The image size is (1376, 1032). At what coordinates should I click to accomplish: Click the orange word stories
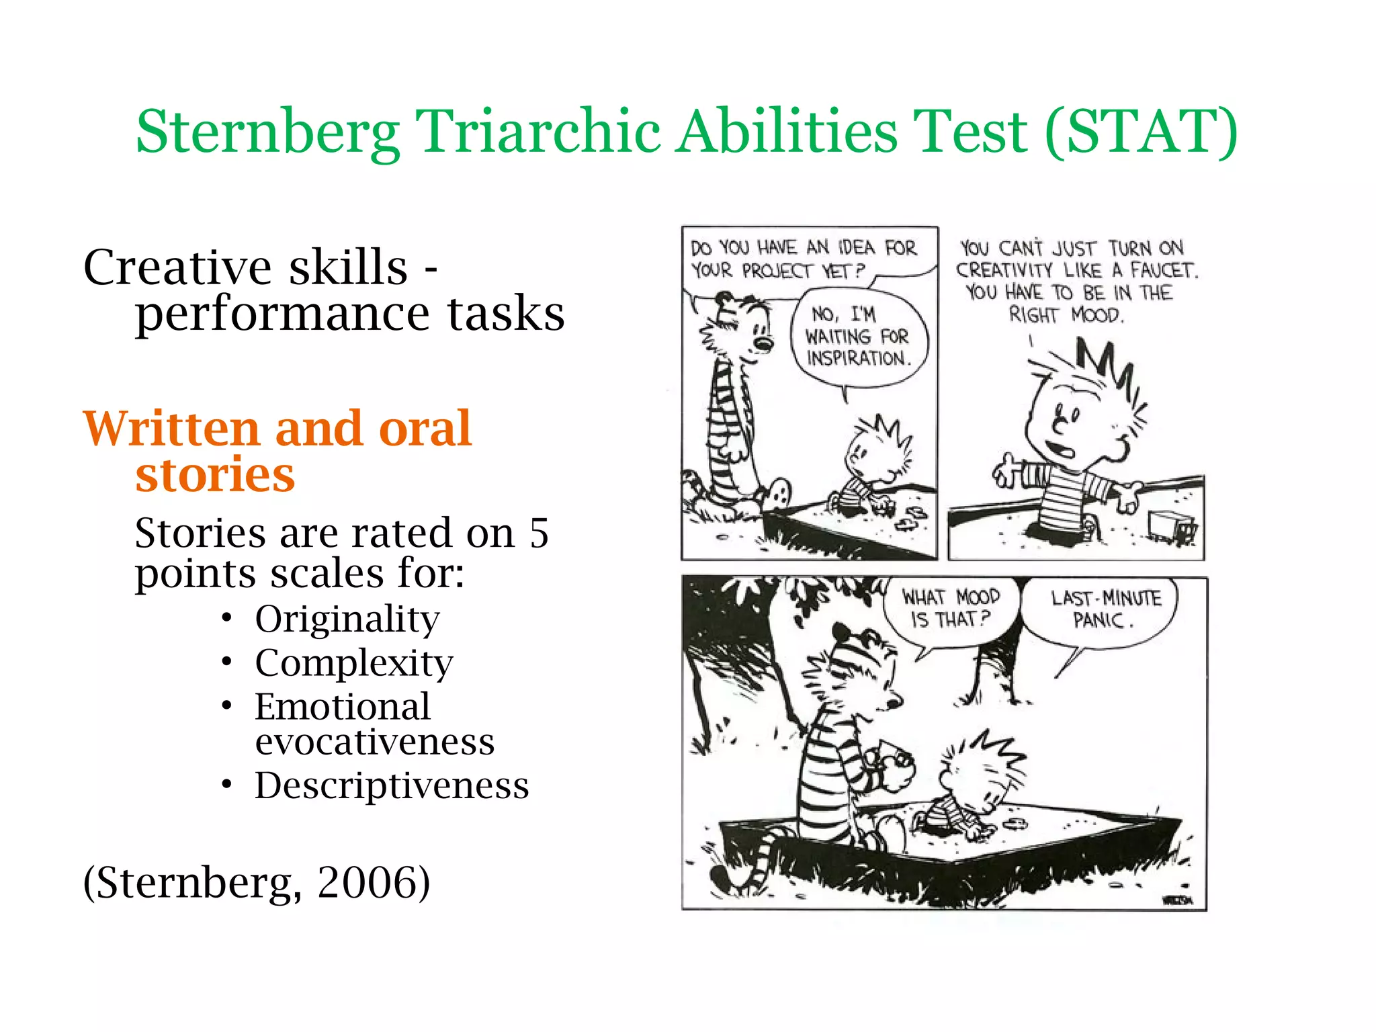click(215, 474)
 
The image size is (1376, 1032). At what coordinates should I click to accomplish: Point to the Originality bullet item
click(347, 619)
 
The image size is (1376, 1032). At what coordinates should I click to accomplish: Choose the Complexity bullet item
click(354, 663)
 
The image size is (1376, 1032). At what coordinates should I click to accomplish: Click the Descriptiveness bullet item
click(392, 785)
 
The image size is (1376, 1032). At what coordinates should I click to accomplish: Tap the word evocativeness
click(375, 742)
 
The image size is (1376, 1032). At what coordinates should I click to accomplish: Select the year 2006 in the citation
click(374, 882)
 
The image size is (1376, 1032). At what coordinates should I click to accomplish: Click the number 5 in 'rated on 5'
click(539, 533)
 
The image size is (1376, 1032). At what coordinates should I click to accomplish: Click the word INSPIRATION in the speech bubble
click(858, 359)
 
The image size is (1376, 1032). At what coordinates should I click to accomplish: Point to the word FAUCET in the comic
click(1163, 271)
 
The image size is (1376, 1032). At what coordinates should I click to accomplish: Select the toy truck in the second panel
click(1172, 526)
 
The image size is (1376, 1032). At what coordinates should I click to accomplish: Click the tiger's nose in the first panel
click(764, 344)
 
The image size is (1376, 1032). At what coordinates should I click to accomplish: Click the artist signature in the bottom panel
click(1177, 900)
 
